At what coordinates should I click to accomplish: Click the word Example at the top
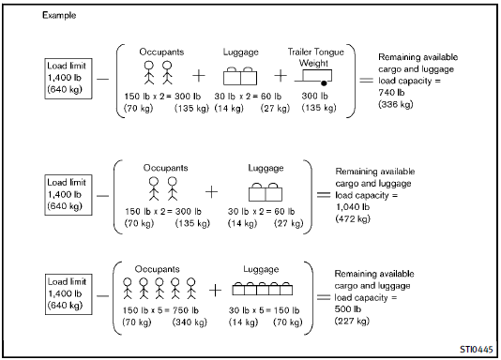coord(59,15)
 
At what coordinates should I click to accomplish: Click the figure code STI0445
coord(476,350)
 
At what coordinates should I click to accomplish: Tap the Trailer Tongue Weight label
coord(315,57)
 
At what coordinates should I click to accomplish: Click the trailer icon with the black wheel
coord(313,78)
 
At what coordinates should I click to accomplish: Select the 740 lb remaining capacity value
coord(391,93)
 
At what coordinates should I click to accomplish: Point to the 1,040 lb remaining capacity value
coord(353,207)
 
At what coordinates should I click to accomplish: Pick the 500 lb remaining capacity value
coord(348,309)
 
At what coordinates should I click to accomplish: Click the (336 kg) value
coord(396,104)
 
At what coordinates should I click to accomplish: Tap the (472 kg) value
coord(353,219)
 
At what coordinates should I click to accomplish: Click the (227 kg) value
coord(352,321)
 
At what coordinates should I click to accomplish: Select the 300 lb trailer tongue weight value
coord(314,96)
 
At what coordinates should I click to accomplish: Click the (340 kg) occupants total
coord(190,322)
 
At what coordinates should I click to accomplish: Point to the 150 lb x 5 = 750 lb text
coord(160,310)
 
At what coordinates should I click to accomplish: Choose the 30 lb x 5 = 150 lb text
coord(264,310)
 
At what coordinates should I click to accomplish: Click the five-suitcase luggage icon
coord(263,289)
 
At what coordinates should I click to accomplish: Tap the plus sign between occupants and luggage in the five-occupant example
coord(215,290)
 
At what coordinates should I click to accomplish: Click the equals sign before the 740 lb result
coord(366,80)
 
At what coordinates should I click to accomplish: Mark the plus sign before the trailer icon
coord(281,76)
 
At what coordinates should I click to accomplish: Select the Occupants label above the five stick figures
coord(158,269)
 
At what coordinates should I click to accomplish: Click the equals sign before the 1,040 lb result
coord(324,194)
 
